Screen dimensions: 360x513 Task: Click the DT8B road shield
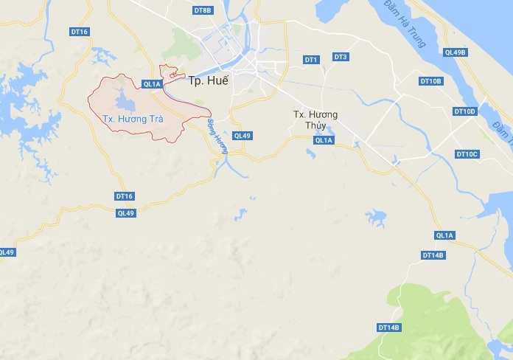[203, 10]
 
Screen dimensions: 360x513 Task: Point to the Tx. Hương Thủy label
[315, 120]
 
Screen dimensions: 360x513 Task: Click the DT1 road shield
[310, 59]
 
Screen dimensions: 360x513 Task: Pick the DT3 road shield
[340, 57]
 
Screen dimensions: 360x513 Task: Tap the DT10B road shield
[430, 80]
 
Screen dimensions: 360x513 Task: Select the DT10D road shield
[465, 111]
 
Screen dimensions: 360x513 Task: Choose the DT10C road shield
[467, 153]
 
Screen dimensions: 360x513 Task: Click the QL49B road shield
[456, 52]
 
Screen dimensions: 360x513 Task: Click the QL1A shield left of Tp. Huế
[152, 84]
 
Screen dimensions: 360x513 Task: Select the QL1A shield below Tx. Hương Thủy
[324, 140]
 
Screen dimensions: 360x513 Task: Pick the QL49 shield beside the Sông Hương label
[242, 135]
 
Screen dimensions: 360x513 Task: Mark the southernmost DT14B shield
[388, 327]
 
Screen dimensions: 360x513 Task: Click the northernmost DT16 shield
[80, 32]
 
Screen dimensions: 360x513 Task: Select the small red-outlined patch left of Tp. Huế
[173, 74]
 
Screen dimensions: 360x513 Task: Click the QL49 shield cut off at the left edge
[7, 252]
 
